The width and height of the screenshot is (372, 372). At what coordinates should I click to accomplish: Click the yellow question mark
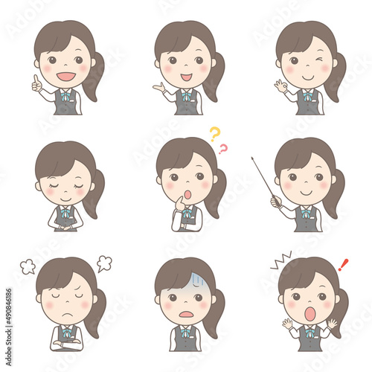[x=214, y=134]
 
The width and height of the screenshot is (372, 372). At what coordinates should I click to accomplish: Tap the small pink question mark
[x=222, y=149]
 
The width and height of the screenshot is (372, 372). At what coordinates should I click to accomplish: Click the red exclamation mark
[x=343, y=264]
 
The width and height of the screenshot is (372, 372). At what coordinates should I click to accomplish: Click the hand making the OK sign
[x=280, y=86]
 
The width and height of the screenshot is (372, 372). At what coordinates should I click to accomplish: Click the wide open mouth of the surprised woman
[x=310, y=314]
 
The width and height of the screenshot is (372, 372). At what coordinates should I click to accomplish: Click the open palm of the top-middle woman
[x=158, y=88]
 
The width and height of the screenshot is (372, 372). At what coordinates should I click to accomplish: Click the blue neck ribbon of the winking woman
[x=307, y=95]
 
